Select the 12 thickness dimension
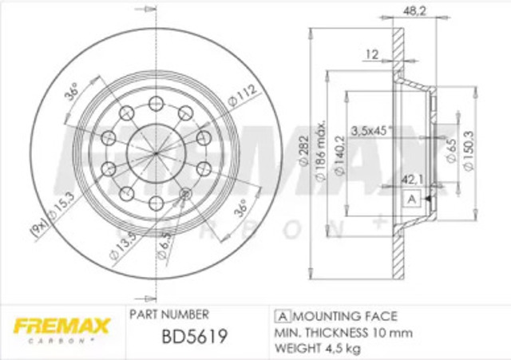pos(371,54)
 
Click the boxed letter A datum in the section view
pos(412,199)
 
